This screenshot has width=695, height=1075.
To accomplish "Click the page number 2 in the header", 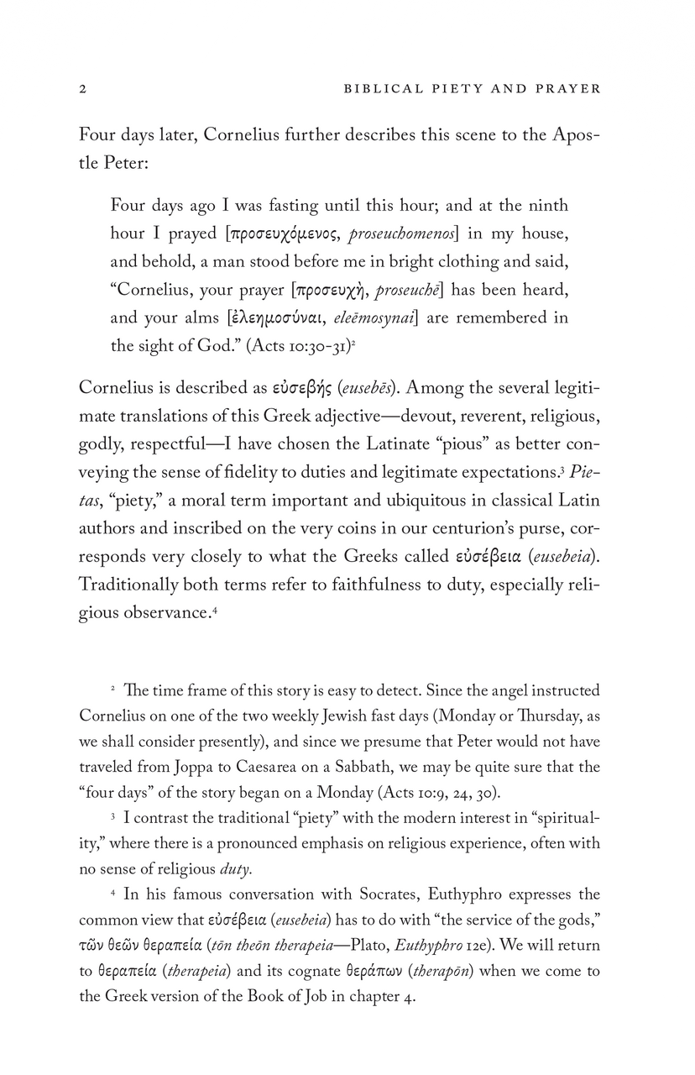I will [x=82, y=88].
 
